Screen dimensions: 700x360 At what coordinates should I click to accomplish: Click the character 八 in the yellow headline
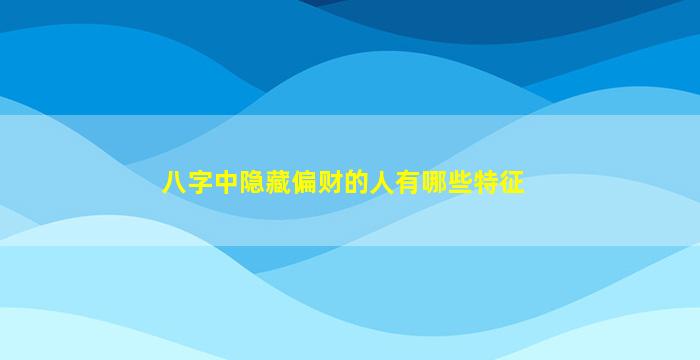coord(174,182)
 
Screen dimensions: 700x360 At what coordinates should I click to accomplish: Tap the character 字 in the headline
coord(200,182)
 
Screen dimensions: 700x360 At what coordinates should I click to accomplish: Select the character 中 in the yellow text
coord(226,182)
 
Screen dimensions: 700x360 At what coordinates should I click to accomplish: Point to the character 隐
coord(252,182)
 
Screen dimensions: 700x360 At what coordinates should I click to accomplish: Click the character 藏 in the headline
coord(278,182)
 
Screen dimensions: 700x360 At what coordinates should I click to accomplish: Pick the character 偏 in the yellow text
coord(304,182)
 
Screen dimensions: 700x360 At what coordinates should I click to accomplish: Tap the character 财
coord(330,182)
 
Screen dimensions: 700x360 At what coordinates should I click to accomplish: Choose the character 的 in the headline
coord(356,182)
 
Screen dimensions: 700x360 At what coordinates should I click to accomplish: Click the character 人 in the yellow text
coord(382,182)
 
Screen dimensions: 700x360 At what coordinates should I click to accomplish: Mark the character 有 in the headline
coord(408,182)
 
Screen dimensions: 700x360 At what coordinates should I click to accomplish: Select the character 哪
coord(434,182)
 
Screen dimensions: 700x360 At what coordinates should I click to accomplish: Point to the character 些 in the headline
coord(460,182)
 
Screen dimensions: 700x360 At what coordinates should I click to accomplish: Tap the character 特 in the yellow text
coord(486,182)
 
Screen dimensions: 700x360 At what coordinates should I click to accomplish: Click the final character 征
coord(512,182)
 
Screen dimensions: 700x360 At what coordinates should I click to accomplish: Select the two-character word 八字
coord(187,182)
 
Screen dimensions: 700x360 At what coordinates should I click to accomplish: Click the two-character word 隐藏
coord(265,182)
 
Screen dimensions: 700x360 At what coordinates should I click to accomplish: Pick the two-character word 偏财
coord(317,182)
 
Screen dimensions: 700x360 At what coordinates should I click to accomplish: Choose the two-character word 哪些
coord(447,182)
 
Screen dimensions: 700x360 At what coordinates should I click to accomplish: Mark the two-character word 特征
coord(499,182)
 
